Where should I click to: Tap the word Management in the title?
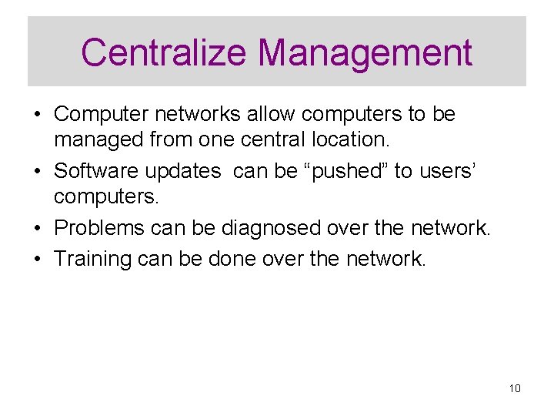click(365, 52)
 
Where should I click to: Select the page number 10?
click(515, 388)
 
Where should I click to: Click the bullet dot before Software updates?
click(37, 171)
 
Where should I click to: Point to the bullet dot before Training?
click(37, 259)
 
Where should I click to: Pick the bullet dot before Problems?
click(37, 229)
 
